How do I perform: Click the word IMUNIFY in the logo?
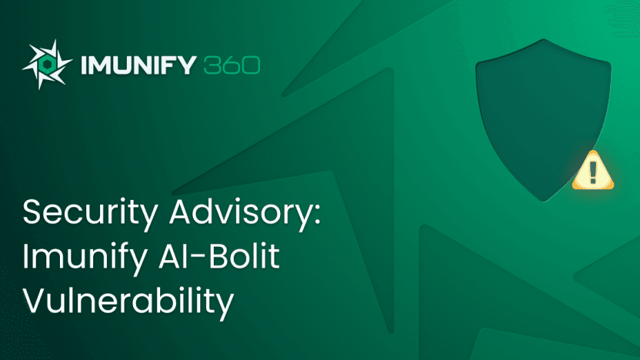[x=138, y=65]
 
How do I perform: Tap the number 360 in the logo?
[x=232, y=65]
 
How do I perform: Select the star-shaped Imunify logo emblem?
[x=47, y=65]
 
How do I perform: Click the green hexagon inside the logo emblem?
[x=46, y=65]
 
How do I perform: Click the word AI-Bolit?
[x=218, y=255]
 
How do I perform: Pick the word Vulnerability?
[x=128, y=302]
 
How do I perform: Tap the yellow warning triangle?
[x=593, y=171]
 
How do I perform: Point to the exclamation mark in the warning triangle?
[x=593, y=172]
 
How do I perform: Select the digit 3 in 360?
[x=212, y=65]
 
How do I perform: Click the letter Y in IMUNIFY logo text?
[x=188, y=65]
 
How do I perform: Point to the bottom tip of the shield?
[x=543, y=202]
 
